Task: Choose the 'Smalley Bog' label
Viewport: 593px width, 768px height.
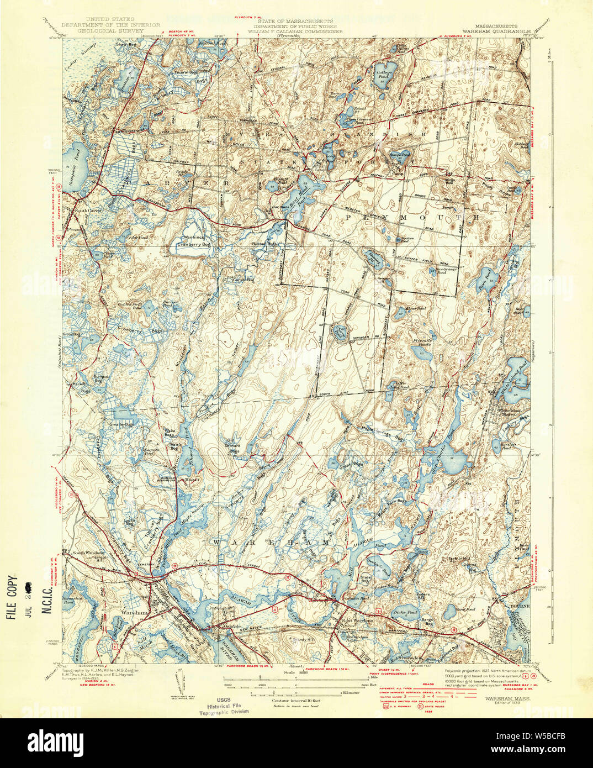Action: pos(121,424)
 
